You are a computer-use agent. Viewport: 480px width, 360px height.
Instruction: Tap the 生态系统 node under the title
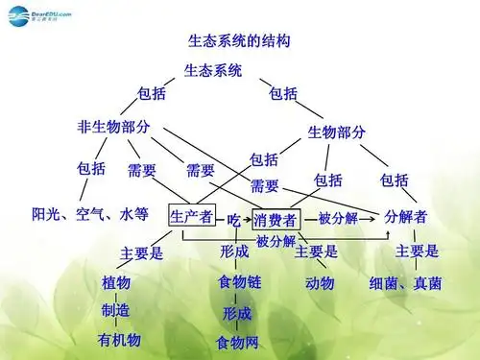(213, 70)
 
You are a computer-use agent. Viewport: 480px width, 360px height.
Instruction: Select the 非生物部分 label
(113, 126)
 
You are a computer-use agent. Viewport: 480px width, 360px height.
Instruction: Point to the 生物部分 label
(335, 132)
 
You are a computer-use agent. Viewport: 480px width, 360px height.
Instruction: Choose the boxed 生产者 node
(192, 217)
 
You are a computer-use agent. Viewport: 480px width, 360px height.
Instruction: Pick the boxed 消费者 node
(276, 218)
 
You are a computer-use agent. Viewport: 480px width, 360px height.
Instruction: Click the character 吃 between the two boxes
(233, 219)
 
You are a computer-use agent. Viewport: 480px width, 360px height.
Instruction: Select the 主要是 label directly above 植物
(142, 253)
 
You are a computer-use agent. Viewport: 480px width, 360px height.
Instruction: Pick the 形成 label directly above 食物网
(237, 313)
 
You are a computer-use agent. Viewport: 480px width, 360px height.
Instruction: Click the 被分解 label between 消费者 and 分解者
(337, 218)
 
